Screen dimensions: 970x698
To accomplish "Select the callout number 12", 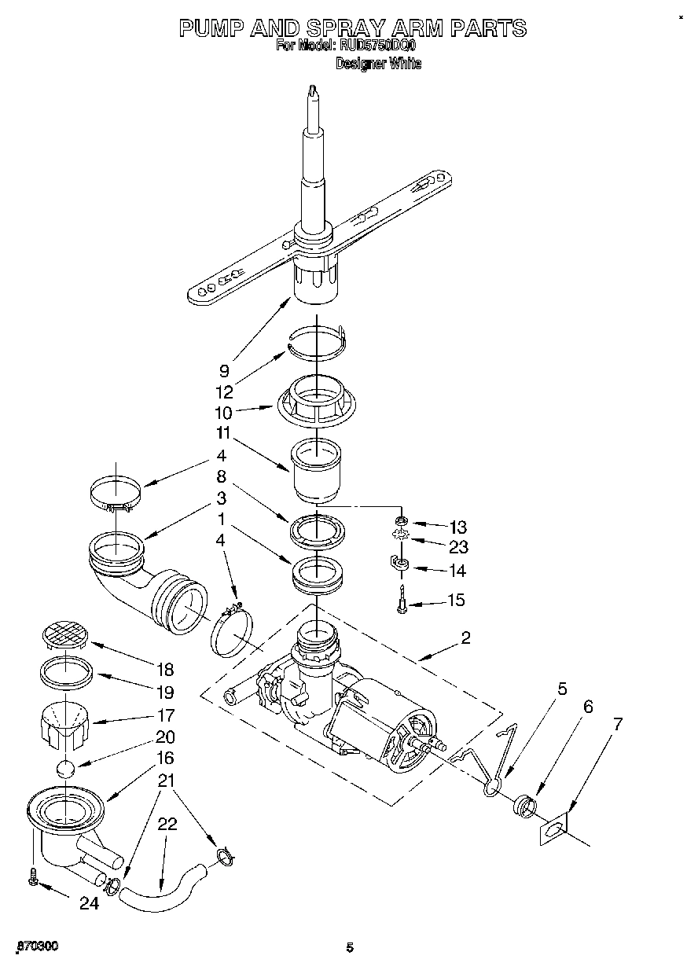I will click(224, 392).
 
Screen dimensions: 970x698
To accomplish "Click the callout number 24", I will click(89, 904).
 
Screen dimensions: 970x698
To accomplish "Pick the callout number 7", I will click(619, 724).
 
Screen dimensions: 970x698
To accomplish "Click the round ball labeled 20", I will click(67, 768).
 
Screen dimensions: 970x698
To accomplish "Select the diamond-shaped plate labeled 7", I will click(553, 831).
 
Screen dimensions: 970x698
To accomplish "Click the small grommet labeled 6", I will click(523, 806).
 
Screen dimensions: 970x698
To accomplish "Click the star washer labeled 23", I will click(402, 538).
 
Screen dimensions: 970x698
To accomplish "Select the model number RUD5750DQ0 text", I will click(377, 46).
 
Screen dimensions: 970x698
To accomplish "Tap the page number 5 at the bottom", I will click(350, 948).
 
